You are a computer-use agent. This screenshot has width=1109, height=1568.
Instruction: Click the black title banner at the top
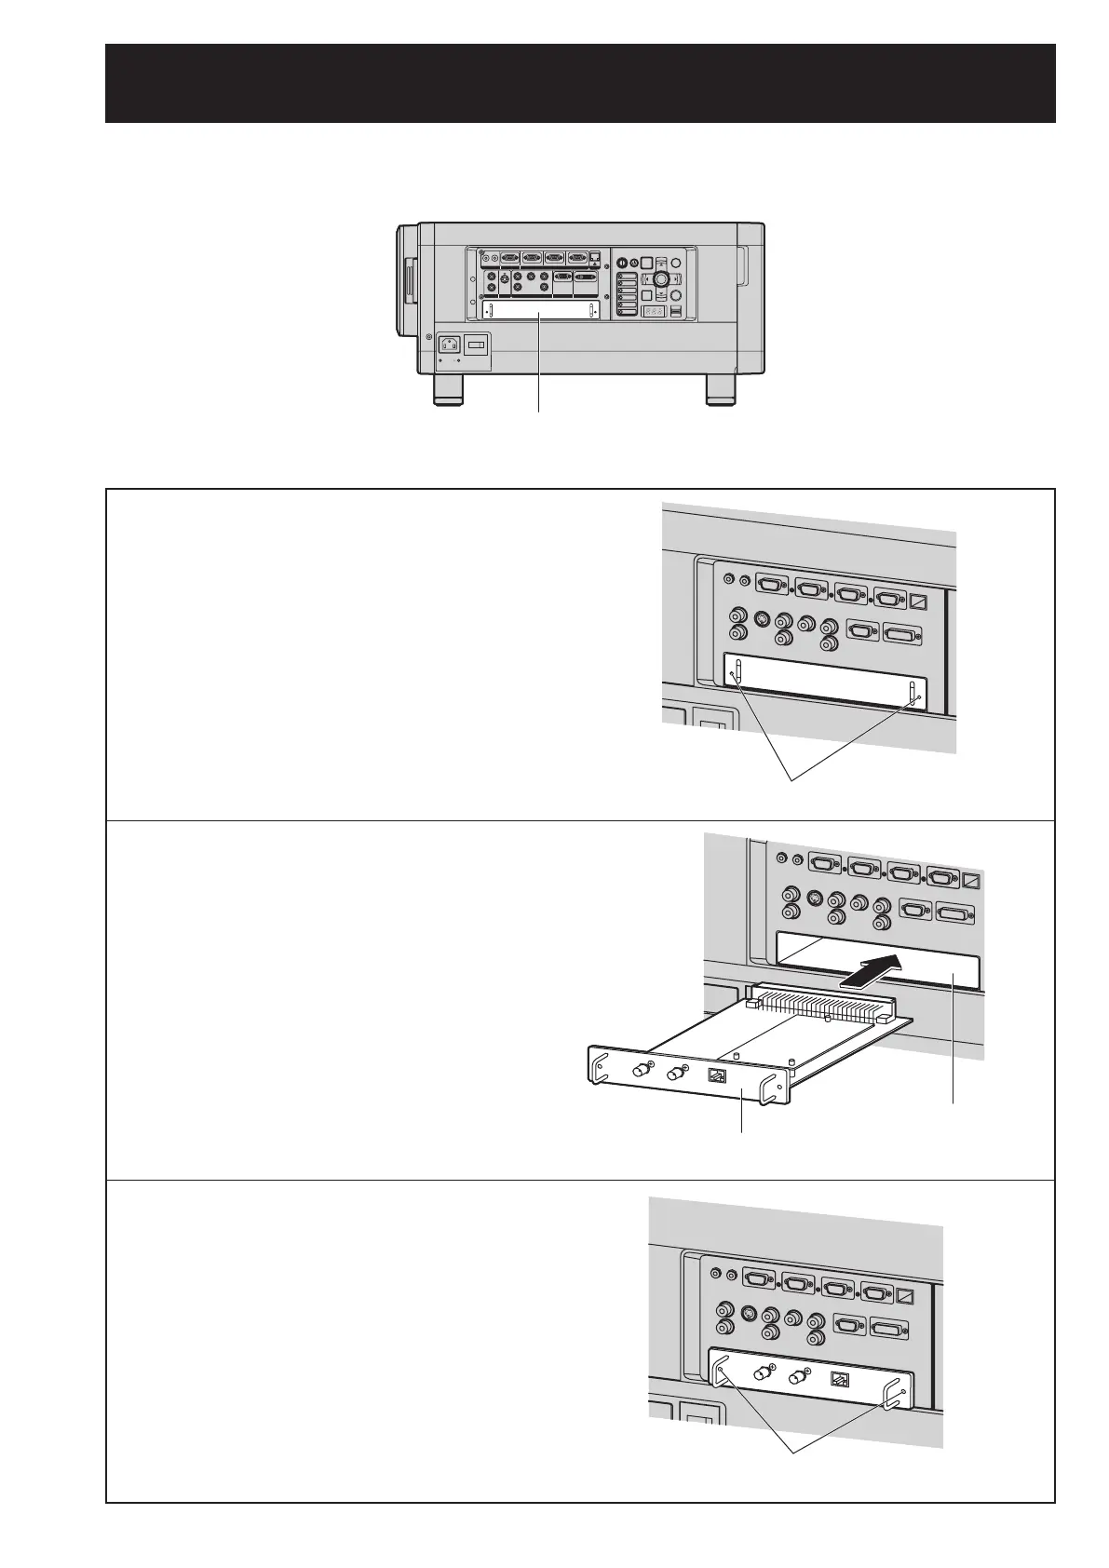[579, 82]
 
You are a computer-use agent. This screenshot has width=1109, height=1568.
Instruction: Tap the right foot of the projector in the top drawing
[720, 390]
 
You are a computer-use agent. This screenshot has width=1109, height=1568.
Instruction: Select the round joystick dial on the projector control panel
[661, 278]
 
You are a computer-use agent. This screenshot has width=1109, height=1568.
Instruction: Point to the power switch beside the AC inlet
[475, 345]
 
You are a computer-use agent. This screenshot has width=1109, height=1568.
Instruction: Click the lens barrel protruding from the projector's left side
[405, 280]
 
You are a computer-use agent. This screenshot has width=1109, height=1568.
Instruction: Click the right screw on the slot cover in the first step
[919, 696]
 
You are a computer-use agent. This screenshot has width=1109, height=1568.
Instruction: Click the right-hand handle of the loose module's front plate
[774, 1089]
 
